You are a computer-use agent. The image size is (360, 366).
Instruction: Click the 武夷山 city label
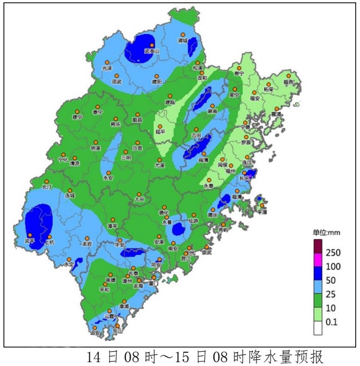[151, 51]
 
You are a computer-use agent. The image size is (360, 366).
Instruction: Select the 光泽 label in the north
[107, 68]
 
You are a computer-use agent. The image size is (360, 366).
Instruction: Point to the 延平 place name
[160, 132]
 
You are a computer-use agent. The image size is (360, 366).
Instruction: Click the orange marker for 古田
[197, 129]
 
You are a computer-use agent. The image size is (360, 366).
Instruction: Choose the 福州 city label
[231, 171]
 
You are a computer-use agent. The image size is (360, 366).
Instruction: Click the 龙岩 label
[87, 243]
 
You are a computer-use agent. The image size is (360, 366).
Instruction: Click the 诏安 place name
[95, 332]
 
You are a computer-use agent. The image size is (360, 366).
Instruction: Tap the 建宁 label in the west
[77, 117]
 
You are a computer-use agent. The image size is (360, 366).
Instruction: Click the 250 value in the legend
[334, 253]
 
